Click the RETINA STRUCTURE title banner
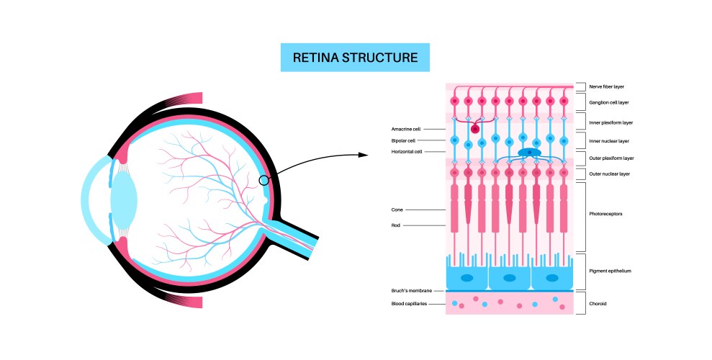point(355,58)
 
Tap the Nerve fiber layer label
point(606,86)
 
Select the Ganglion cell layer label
point(609,103)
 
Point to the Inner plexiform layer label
point(611,122)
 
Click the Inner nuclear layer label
point(609,140)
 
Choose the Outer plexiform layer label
point(611,158)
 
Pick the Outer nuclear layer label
point(609,174)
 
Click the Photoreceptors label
point(605,214)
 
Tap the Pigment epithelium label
point(610,271)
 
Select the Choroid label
point(598,304)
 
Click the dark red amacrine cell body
point(475,129)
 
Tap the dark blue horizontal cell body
point(530,153)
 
